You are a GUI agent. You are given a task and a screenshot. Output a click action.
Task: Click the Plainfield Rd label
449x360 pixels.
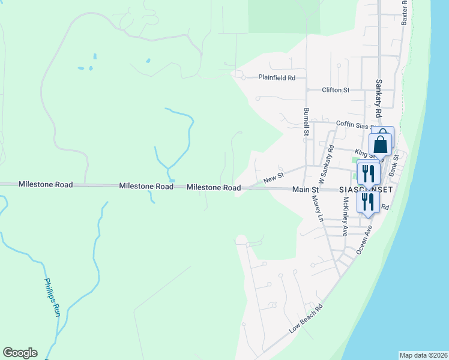click(277, 78)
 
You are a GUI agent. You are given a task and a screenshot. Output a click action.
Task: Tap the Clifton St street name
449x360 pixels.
click(336, 90)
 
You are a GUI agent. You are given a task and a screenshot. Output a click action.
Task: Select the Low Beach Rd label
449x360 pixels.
click(306, 319)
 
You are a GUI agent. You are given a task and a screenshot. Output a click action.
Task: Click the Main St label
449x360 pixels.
click(305, 190)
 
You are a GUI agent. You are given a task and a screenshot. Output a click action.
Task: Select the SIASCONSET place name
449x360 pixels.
click(366, 190)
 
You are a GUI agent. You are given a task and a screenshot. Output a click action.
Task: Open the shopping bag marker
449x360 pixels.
click(381, 144)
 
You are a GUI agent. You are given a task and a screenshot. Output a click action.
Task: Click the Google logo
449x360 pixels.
click(20, 353)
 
